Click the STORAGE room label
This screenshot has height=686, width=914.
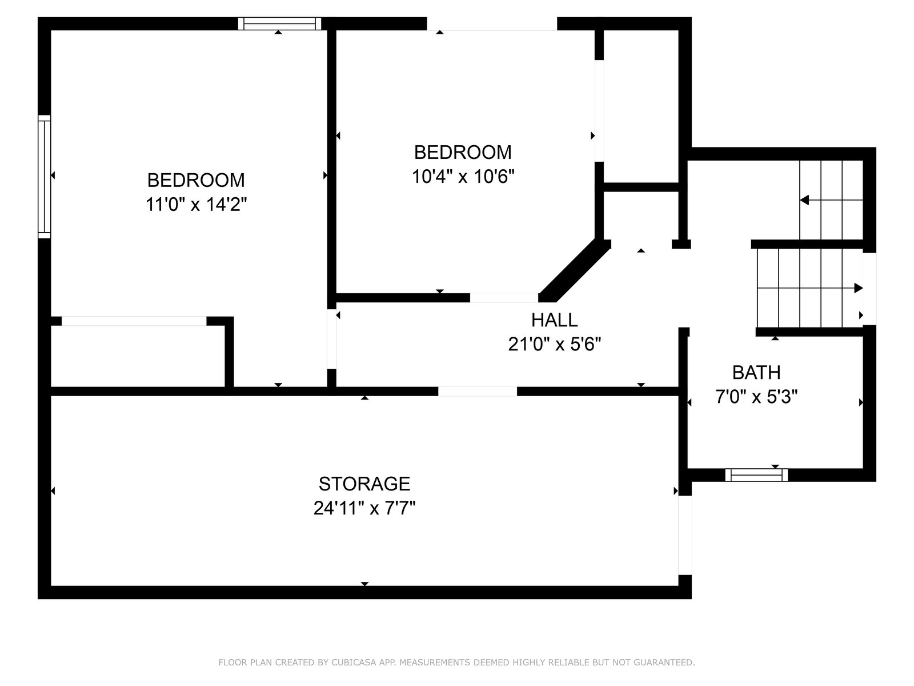364,484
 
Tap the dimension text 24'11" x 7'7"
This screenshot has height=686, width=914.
364,508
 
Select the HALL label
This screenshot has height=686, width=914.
554,320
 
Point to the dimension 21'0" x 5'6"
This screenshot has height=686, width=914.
554,344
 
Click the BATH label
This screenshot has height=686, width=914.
756,372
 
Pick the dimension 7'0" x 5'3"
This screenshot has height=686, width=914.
756,397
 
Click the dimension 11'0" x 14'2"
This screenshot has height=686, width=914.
196,205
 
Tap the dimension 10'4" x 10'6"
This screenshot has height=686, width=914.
463,177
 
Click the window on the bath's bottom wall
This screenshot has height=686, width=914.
756,475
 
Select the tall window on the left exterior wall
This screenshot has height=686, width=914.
44,177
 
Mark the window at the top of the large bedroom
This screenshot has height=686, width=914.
279,23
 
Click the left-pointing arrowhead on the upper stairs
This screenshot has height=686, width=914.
804,200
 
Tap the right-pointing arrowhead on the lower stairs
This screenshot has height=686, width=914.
858,288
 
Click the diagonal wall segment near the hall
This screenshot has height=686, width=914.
575,271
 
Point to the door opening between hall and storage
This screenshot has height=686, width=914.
477,391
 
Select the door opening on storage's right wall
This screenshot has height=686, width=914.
685,535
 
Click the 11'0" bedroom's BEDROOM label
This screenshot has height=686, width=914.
196,180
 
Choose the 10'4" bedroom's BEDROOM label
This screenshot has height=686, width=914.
463,153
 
